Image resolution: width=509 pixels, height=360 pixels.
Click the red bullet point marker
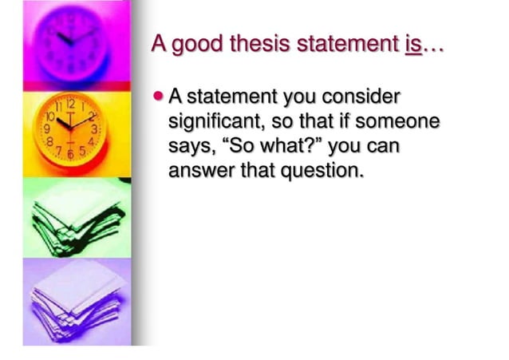[157, 97]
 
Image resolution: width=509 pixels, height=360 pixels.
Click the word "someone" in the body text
[398, 122]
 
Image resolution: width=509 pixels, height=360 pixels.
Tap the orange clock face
[70, 129]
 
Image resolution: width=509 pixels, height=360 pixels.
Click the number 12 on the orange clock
[71, 104]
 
